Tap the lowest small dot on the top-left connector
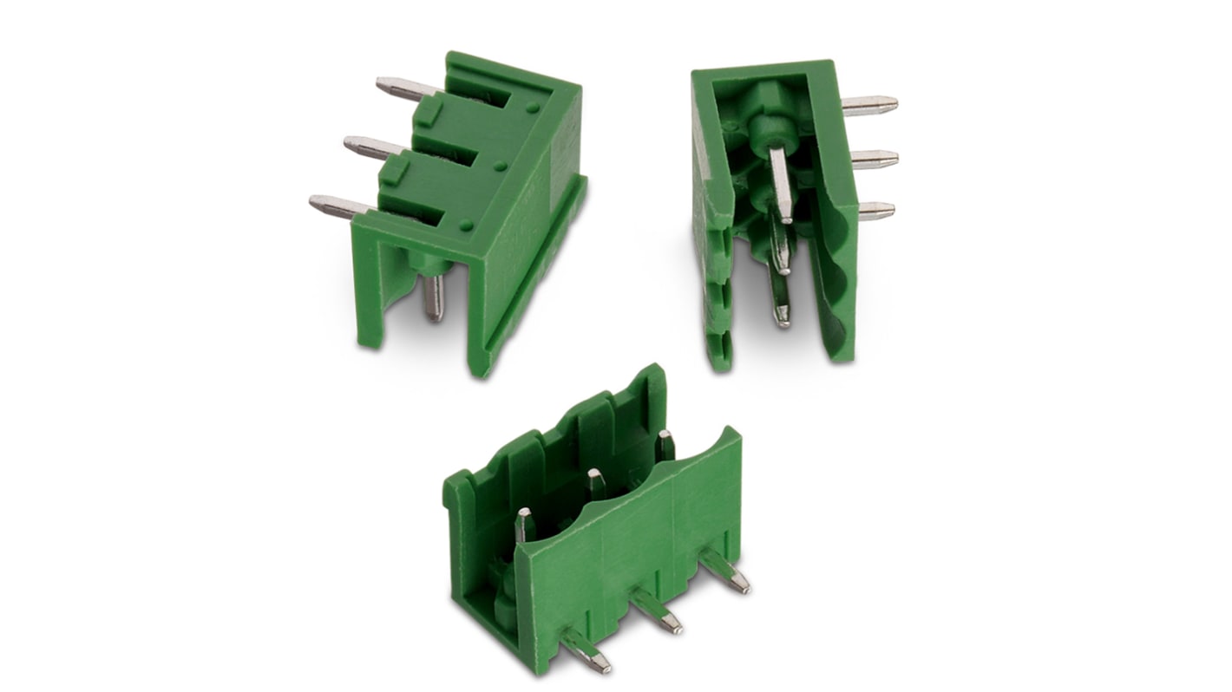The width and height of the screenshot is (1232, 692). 467,225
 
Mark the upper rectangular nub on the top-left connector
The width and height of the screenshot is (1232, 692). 426,114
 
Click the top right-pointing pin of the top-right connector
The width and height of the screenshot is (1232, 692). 869,105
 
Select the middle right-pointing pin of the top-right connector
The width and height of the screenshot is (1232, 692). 874,159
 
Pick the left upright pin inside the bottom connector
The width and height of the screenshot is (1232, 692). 524,525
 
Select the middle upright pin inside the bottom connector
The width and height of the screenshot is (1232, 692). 595,484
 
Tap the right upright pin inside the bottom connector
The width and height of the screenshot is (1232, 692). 665,444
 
